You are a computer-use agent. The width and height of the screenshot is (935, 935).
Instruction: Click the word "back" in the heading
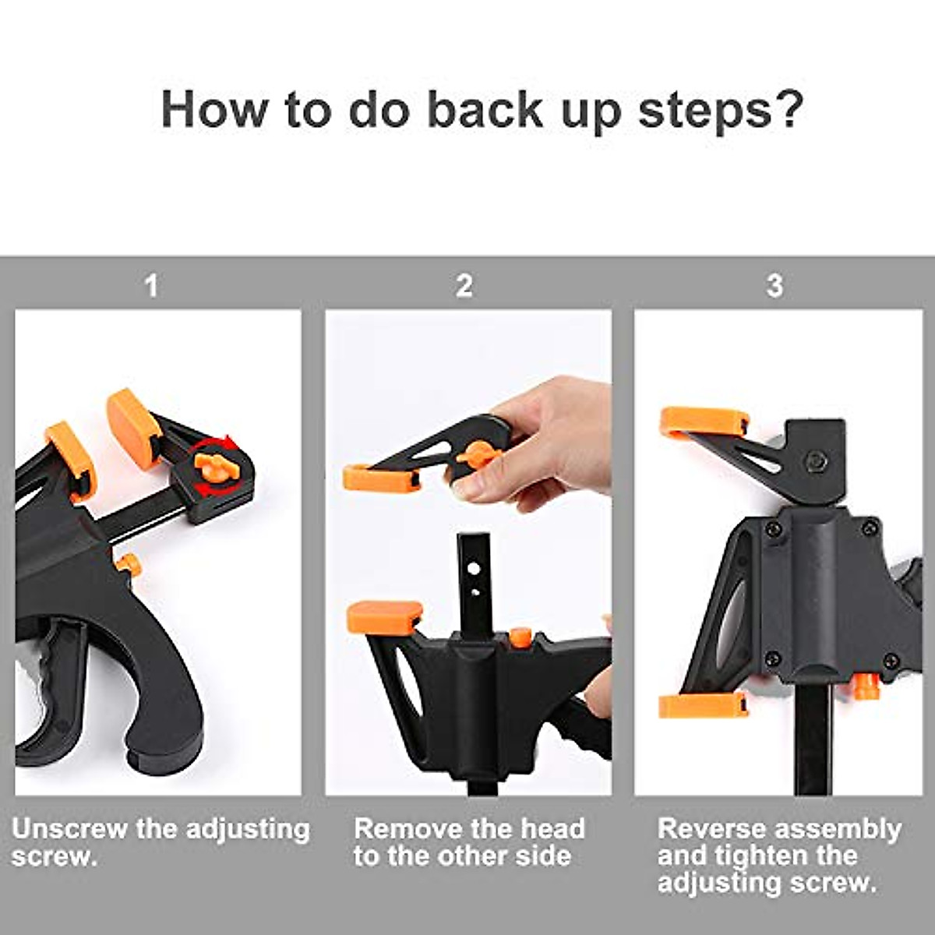click(485, 109)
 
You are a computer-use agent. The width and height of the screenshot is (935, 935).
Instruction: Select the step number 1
click(152, 286)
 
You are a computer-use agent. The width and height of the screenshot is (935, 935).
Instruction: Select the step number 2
click(464, 286)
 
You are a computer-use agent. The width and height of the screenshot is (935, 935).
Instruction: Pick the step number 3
click(774, 286)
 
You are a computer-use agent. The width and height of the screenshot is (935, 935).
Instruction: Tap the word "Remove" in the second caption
click(410, 829)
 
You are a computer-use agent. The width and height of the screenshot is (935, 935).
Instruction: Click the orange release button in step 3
click(863, 684)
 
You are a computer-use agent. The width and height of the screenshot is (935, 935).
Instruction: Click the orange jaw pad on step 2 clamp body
click(384, 616)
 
